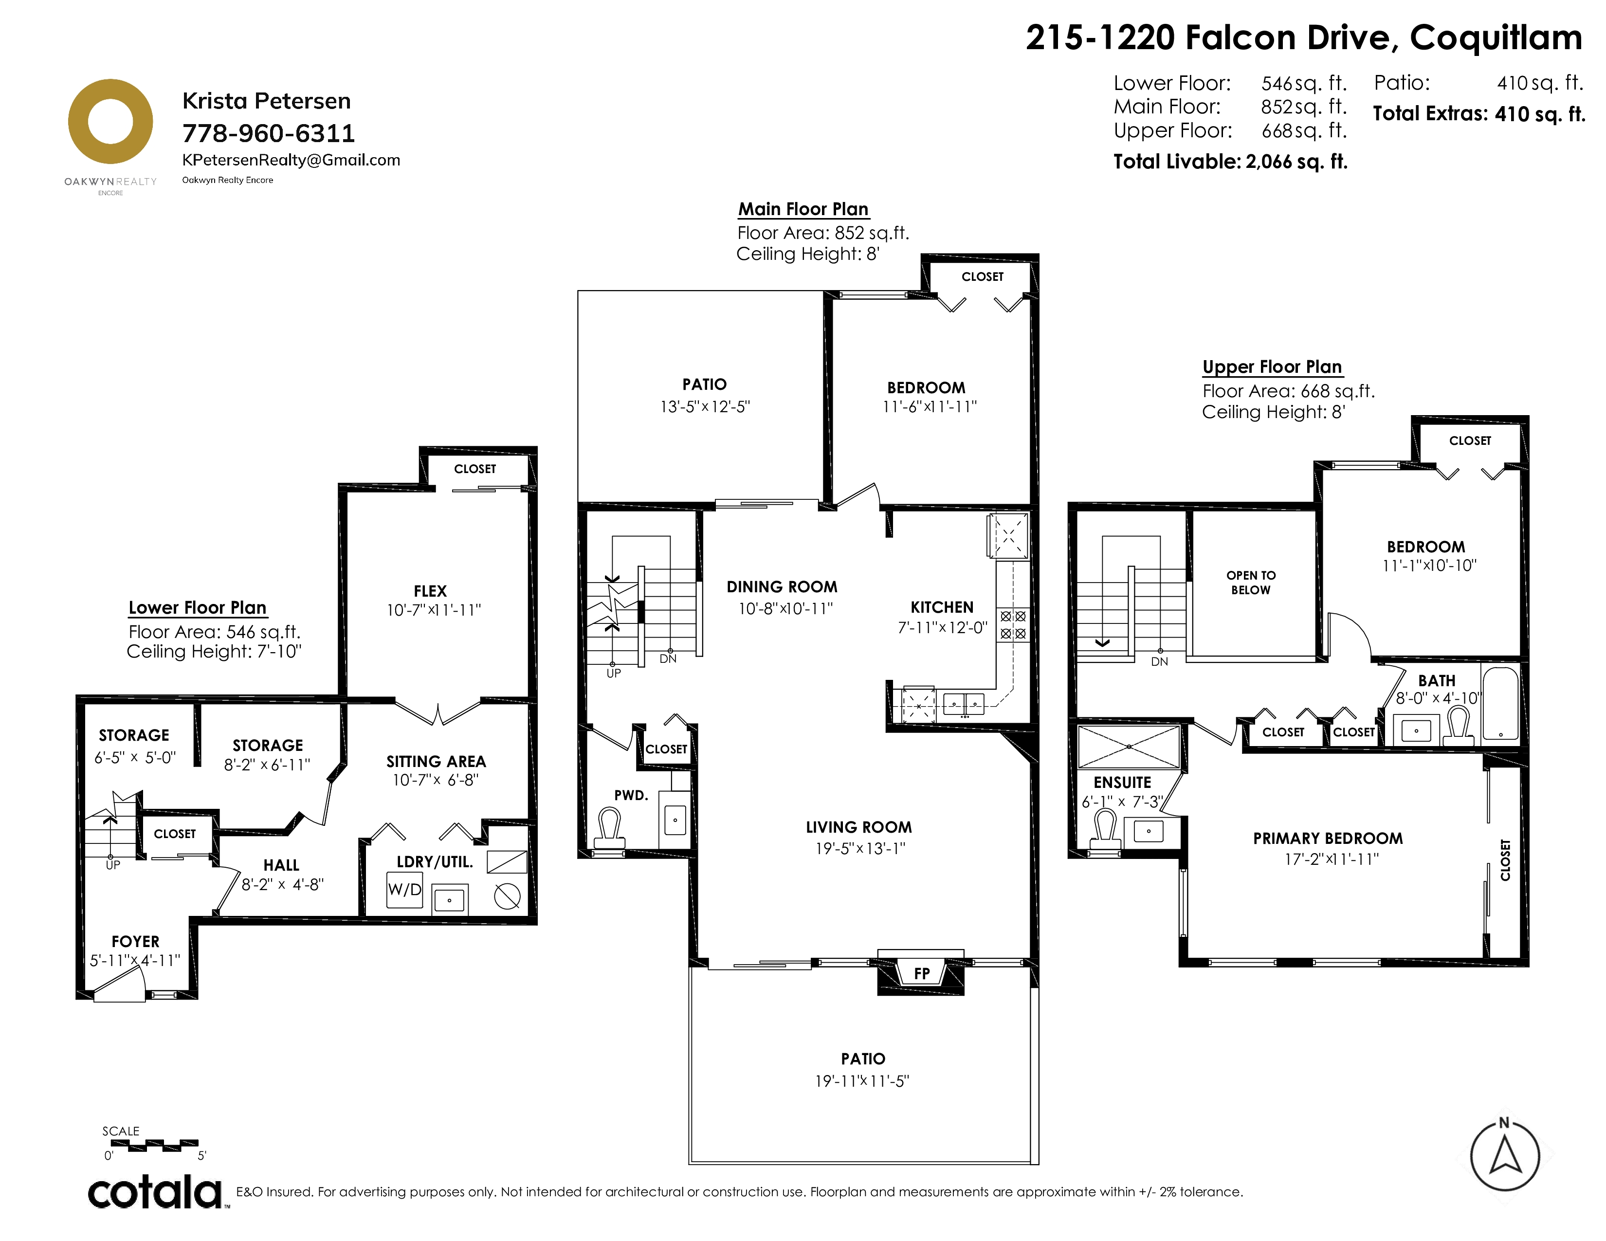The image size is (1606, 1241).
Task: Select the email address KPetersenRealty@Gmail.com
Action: click(291, 160)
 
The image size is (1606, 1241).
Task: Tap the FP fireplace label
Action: click(921, 973)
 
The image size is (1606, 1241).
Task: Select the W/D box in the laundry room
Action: click(405, 890)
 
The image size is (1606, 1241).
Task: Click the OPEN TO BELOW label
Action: click(1251, 582)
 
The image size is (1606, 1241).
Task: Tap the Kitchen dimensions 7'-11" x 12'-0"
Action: click(942, 628)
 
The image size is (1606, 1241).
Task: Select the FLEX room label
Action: click(430, 591)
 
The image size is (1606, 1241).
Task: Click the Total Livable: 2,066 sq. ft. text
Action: click(1230, 162)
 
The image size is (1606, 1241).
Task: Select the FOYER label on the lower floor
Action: click(135, 942)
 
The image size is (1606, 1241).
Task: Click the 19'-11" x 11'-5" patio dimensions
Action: click(862, 1081)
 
